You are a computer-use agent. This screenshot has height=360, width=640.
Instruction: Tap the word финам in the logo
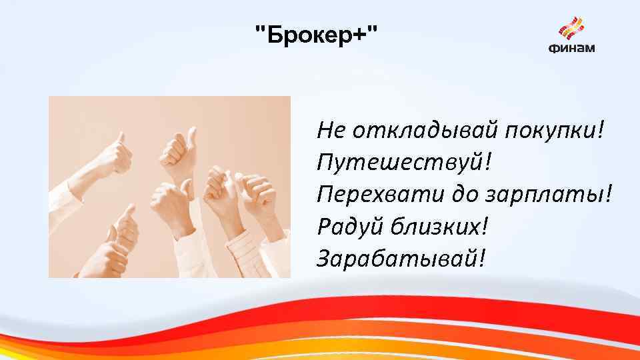(x=571, y=48)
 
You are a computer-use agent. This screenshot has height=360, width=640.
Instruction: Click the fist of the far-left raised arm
(x=117, y=156)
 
